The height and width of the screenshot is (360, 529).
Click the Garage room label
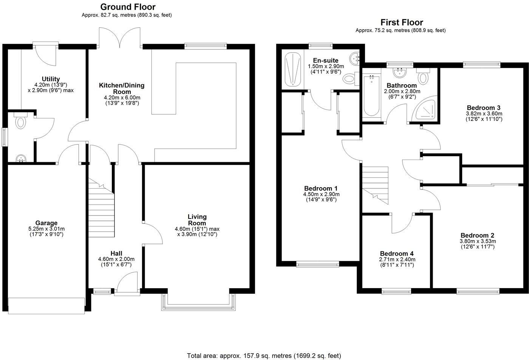pyautogui.click(x=46, y=223)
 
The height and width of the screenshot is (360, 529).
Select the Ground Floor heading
pyautogui.click(x=128, y=7)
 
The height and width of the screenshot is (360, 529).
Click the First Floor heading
pyautogui.click(x=401, y=22)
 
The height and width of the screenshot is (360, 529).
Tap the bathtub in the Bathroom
pyautogui.click(x=371, y=96)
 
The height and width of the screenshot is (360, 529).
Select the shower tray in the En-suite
pyautogui.click(x=293, y=70)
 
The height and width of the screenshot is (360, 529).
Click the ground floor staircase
pyautogui.click(x=101, y=208)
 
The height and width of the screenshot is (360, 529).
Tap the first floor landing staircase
pyautogui.click(x=375, y=185)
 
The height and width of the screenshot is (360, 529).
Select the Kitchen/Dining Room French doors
pyautogui.click(x=120, y=38)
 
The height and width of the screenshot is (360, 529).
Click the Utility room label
pyautogui.click(x=51, y=79)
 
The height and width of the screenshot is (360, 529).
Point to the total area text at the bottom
pyautogui.click(x=264, y=355)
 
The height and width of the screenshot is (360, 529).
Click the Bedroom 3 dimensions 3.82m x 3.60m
pyautogui.click(x=484, y=113)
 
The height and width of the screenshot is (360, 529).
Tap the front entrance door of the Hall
pyautogui.click(x=127, y=284)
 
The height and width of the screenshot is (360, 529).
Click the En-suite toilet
pyautogui.click(x=350, y=79)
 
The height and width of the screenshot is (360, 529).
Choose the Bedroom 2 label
pyautogui.click(x=477, y=235)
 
